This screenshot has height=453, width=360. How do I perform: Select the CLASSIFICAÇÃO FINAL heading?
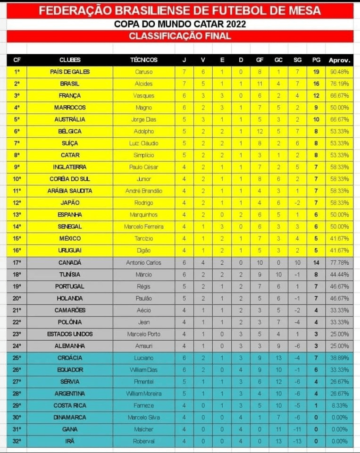(180, 36)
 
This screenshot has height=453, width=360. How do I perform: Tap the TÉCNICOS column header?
(143, 60)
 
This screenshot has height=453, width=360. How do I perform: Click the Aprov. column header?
(339, 60)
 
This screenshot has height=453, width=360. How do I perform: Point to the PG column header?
(316, 60)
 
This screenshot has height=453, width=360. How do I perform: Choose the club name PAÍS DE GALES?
(70, 72)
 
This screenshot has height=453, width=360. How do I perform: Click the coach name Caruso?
(143, 72)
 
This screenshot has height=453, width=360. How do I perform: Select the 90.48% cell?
(339, 72)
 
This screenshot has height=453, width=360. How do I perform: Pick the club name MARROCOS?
(70, 108)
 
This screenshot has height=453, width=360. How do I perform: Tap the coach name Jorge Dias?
(143, 119)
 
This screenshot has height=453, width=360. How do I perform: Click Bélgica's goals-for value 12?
(260, 131)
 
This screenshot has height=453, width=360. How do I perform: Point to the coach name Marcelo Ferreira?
(143, 226)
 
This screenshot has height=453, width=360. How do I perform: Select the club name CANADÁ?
(70, 262)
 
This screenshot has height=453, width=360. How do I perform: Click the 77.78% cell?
(339, 262)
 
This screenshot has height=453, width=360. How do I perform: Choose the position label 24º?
(17, 346)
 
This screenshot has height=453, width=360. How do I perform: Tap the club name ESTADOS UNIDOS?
(70, 334)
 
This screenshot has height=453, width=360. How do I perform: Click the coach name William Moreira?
(143, 394)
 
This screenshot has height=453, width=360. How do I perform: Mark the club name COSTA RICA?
(70, 405)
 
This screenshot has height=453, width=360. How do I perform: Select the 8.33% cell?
(339, 405)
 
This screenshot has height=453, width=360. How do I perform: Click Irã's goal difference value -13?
(297, 441)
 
